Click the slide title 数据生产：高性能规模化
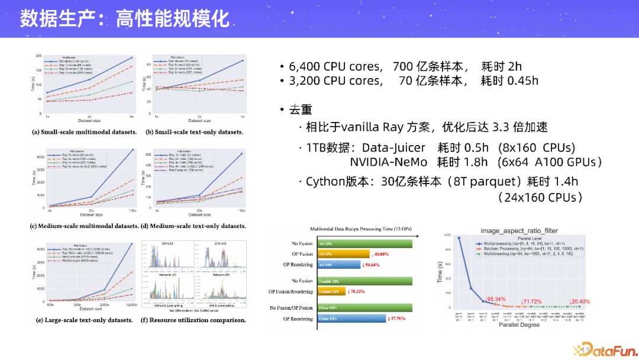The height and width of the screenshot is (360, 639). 124,18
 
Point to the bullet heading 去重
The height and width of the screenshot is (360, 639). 300,110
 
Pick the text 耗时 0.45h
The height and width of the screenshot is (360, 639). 509,81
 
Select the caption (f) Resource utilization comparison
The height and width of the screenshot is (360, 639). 193,320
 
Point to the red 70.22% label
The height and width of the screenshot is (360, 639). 357,291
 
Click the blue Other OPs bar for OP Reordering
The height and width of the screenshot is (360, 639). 351,319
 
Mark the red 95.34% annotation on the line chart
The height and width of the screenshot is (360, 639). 495,299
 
